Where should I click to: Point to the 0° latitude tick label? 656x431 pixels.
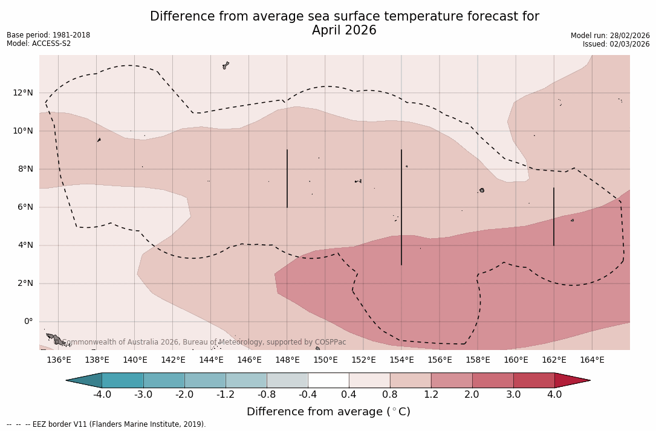tap(28, 322)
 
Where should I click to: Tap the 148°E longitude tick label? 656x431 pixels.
tap(287, 360)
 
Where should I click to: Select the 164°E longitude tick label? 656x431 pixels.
tap(592, 360)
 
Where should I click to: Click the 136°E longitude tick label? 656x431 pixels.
tap(59, 360)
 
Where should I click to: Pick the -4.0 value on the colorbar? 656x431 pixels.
tap(102, 395)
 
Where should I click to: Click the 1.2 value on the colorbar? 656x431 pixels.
tap(430, 395)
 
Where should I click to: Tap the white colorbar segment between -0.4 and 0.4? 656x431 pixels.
tap(328, 380)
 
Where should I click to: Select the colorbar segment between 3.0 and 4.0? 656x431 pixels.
tap(534, 380)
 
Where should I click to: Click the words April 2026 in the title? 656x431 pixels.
tap(344, 30)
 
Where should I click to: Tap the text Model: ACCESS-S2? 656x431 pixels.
tap(39, 44)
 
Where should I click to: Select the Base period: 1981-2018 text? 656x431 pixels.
tap(48, 35)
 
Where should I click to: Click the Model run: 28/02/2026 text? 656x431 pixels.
tap(610, 36)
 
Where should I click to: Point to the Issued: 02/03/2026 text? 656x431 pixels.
tap(616, 44)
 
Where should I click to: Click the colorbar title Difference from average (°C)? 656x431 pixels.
tap(328, 412)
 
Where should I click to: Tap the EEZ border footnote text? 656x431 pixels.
tap(106, 424)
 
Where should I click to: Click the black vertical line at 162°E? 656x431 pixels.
tap(553, 216)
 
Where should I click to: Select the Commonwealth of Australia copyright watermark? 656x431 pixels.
tap(204, 342)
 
